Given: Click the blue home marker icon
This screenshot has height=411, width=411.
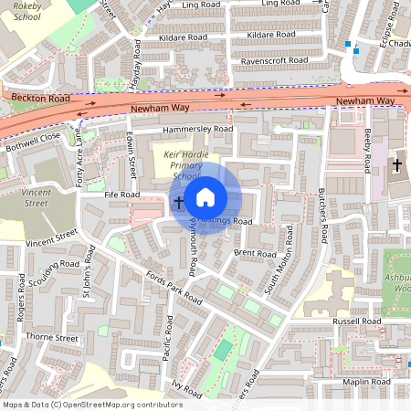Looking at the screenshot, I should click(x=205, y=196).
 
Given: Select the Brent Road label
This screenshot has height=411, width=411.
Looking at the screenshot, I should click(x=254, y=253).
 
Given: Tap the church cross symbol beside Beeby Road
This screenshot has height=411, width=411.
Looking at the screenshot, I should click(x=396, y=165).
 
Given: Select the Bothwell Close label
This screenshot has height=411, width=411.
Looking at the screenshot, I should click(x=31, y=141).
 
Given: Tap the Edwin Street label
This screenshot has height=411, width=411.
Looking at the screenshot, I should click(x=132, y=156).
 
